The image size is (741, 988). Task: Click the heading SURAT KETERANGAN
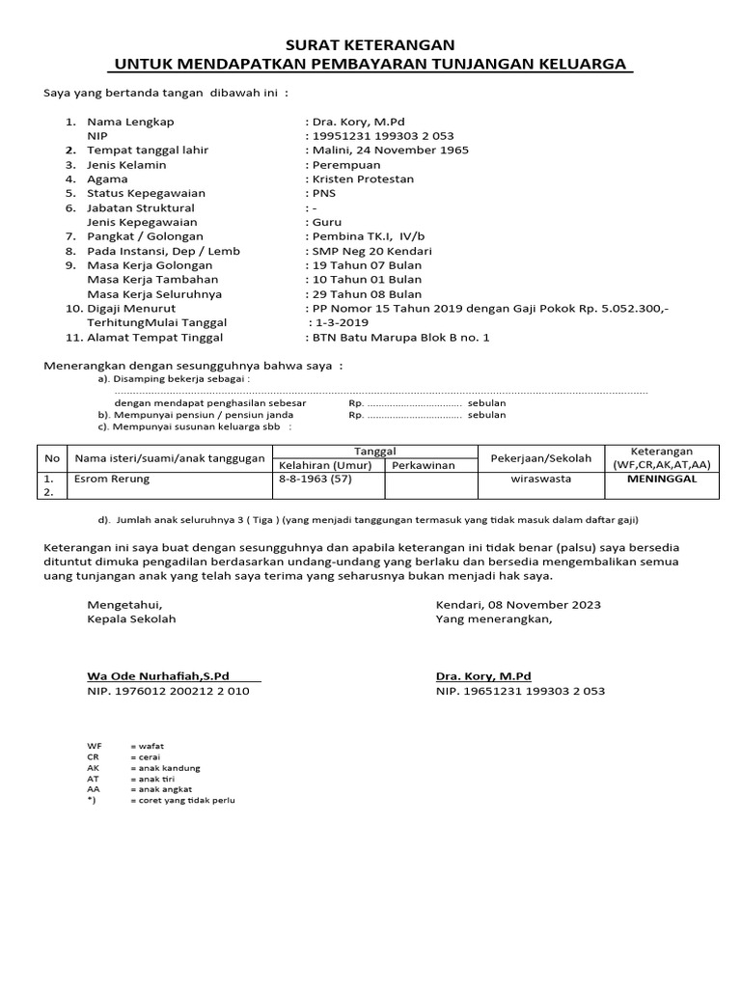click(370, 44)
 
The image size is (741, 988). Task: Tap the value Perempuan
click(345, 165)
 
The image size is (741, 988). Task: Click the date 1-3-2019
click(340, 322)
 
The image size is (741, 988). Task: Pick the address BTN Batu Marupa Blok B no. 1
click(399, 337)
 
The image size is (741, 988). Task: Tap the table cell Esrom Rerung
click(112, 479)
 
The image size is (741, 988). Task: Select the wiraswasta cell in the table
click(540, 479)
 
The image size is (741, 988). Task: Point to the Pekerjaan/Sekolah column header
click(541, 458)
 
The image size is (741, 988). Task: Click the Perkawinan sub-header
click(423, 465)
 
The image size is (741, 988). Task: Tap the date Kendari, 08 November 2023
click(518, 605)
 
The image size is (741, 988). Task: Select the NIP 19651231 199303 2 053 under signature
click(520, 691)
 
